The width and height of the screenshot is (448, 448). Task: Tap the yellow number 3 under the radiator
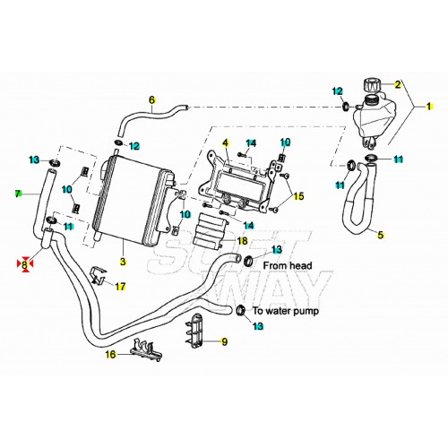point(125,263)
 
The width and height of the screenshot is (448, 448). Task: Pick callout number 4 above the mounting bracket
point(226,143)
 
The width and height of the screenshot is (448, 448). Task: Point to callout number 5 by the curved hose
point(380,236)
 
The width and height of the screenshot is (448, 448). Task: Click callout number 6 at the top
point(151,99)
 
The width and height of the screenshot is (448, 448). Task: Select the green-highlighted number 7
point(17,193)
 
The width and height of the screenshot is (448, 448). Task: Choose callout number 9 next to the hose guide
point(224,341)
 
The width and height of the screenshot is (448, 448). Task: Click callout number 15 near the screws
point(299,196)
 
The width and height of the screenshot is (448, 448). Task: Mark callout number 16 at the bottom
point(111,355)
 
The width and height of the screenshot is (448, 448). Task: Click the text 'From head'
point(287,265)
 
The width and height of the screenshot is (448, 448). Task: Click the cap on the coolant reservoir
point(370,84)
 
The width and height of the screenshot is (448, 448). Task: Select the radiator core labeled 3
point(134,197)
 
